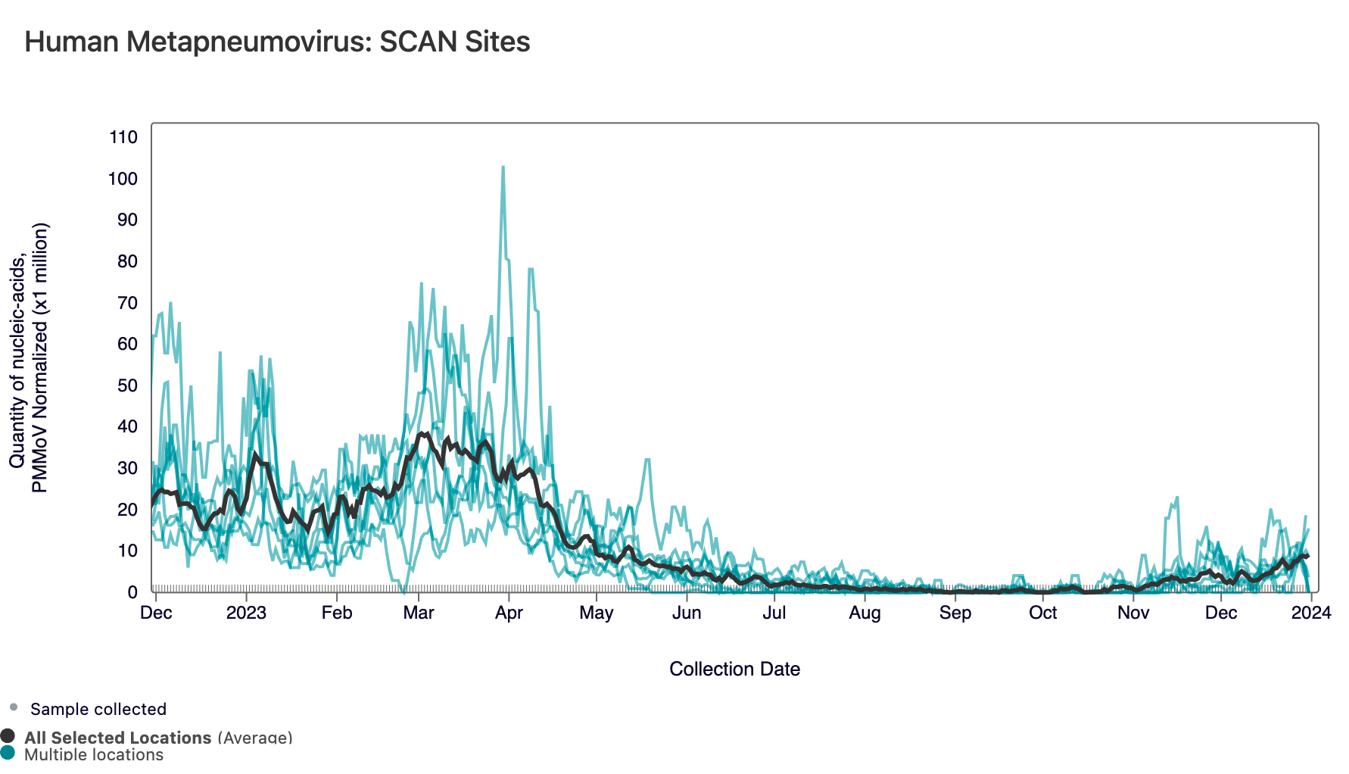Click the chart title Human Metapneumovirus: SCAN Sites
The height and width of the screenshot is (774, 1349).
pyautogui.click(x=277, y=42)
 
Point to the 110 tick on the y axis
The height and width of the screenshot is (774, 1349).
pyautogui.click(x=123, y=137)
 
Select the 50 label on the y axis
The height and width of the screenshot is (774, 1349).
pyautogui.click(x=128, y=385)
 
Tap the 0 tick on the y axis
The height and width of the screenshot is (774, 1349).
pyautogui.click(x=132, y=592)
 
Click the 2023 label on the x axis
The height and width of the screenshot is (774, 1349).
pyautogui.click(x=246, y=613)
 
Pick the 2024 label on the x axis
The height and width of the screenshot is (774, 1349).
pyautogui.click(x=1311, y=613)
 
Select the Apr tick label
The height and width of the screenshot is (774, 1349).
pyautogui.click(x=509, y=613)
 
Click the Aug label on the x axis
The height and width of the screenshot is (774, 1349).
pyautogui.click(x=865, y=613)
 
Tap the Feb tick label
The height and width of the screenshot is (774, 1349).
pyautogui.click(x=337, y=613)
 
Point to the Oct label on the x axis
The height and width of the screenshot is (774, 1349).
pyautogui.click(x=1042, y=613)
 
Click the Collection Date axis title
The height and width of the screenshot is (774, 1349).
pyautogui.click(x=734, y=669)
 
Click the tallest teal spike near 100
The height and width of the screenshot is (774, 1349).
pyautogui.click(x=503, y=167)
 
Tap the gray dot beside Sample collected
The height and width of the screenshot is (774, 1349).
pyautogui.click(x=14, y=707)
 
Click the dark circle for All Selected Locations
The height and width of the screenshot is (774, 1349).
pyautogui.click(x=8, y=736)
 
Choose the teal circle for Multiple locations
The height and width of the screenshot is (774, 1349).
pyautogui.click(x=8, y=753)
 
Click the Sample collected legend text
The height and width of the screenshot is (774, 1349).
pyautogui.click(x=98, y=709)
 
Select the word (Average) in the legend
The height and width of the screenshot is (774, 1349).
pyautogui.click(x=255, y=738)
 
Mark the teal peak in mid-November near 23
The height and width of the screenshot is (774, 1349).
pyautogui.click(x=1177, y=498)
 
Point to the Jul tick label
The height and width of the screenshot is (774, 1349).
pyautogui.click(x=774, y=613)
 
